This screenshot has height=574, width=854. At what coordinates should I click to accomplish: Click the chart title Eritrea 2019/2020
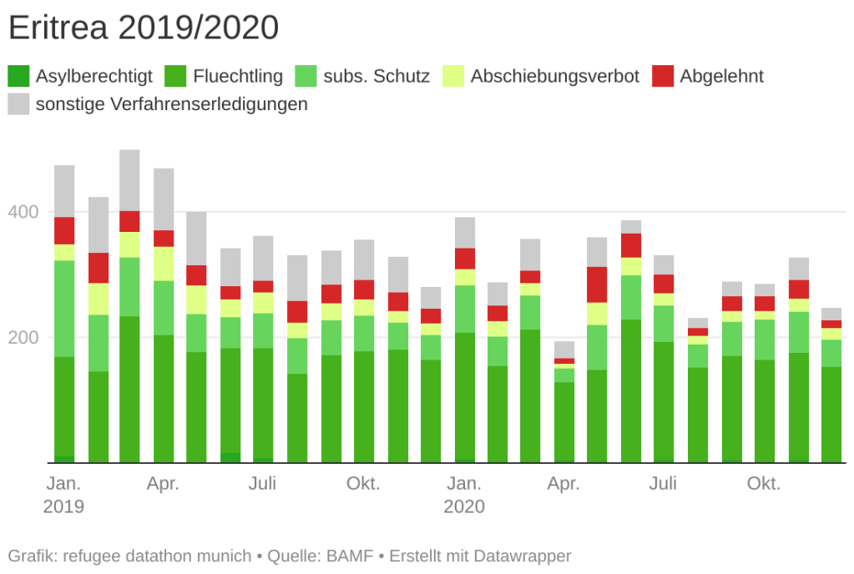[x=143, y=28]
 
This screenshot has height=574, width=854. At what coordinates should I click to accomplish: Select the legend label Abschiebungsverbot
[x=554, y=76]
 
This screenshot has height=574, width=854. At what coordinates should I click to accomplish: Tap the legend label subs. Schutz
[x=376, y=76]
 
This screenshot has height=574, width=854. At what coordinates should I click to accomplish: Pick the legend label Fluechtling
[x=238, y=76]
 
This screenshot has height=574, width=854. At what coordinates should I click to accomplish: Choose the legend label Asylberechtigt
[x=94, y=76]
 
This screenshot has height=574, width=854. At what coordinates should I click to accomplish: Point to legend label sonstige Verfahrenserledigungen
[x=172, y=104]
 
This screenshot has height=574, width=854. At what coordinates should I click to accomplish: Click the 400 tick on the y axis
[x=23, y=213]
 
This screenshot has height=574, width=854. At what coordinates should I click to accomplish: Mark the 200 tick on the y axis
[x=23, y=338]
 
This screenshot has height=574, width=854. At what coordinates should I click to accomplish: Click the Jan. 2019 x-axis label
[x=63, y=495]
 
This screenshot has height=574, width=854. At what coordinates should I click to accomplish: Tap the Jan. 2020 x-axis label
[x=464, y=495]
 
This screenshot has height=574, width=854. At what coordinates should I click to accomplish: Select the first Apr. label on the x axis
[x=164, y=484]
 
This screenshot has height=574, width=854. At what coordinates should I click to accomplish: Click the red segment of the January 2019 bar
[x=64, y=230]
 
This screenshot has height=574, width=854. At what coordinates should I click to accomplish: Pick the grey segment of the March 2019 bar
[x=129, y=180]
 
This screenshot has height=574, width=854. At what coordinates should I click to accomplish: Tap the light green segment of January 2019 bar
[x=64, y=309]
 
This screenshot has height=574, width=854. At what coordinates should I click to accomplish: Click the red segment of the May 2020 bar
[x=597, y=284]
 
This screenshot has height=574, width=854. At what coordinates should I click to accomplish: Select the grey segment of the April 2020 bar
[x=564, y=350]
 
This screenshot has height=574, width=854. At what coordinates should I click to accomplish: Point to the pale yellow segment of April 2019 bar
[x=164, y=264]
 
